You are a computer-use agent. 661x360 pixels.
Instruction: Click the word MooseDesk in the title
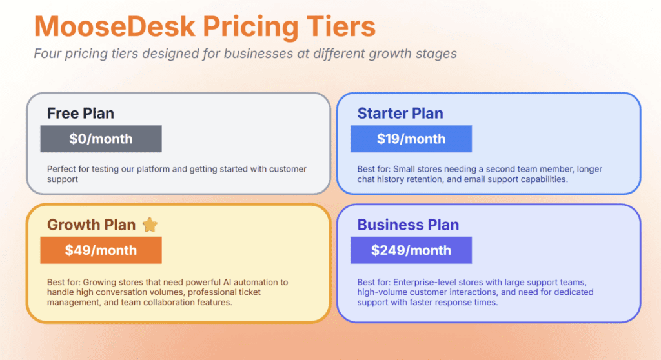115,26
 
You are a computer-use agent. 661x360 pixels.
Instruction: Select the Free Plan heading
81,114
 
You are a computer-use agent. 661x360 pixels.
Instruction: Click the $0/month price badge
101,139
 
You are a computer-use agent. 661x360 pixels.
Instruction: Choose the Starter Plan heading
400,114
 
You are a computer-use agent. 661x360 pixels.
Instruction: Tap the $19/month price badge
411,139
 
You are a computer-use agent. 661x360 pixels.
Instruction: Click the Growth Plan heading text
91,225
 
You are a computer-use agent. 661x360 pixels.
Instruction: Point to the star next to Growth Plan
150,225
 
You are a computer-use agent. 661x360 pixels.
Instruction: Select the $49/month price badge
101,250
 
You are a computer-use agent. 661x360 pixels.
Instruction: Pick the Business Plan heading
408,225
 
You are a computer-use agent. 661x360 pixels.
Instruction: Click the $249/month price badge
411,250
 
